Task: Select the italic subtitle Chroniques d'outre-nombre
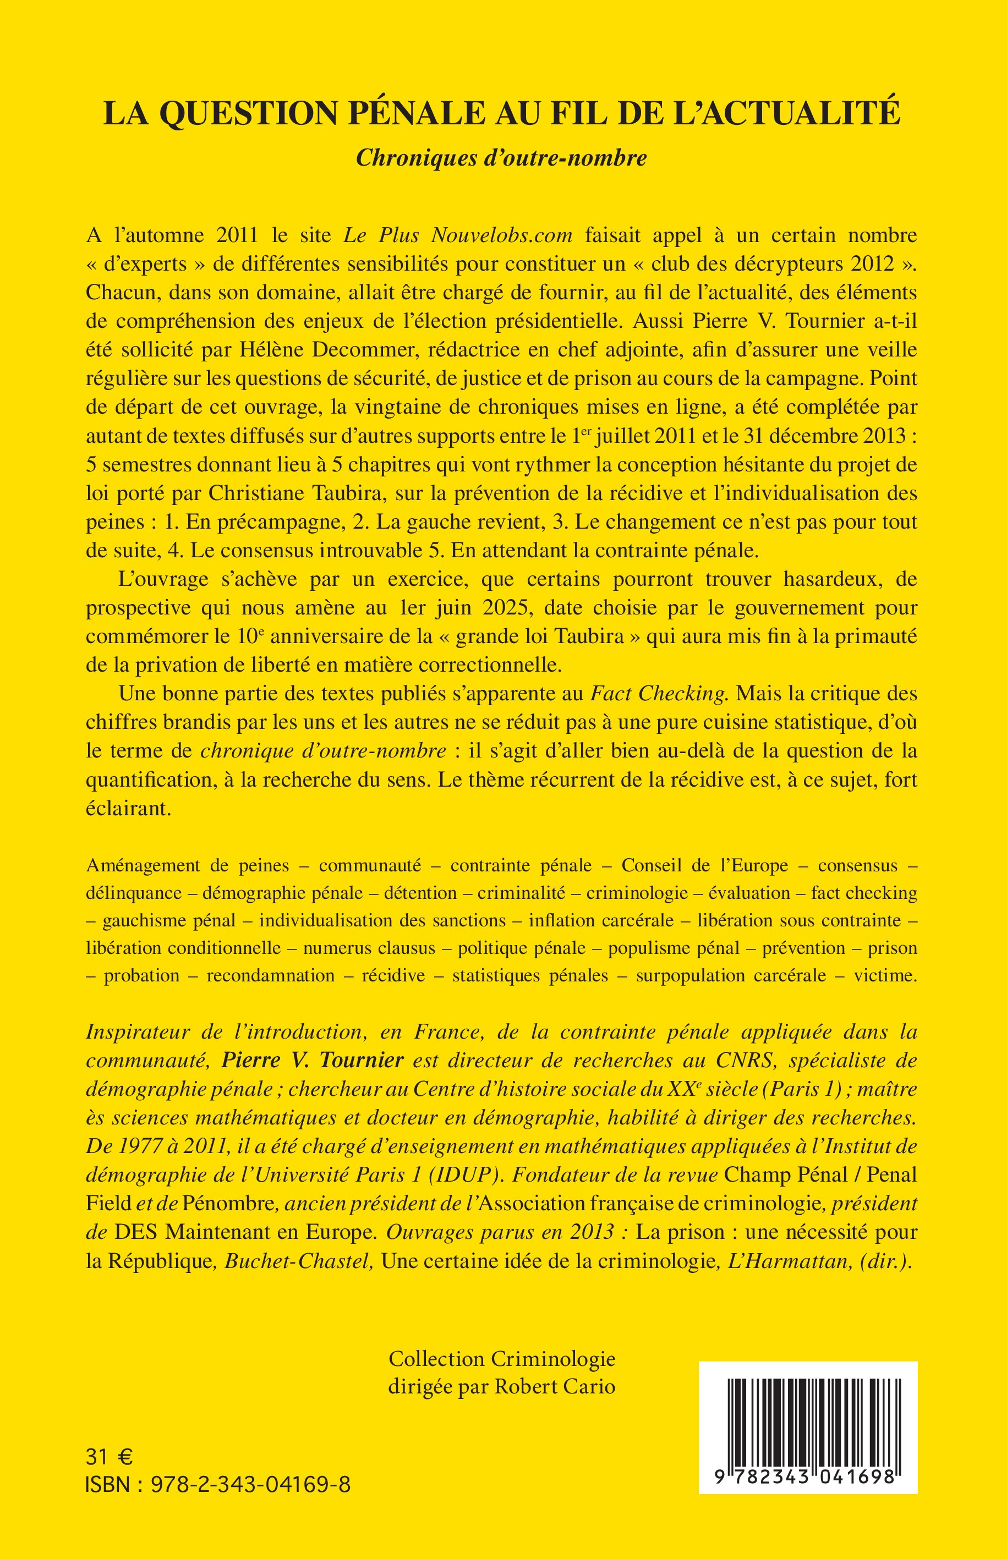click(x=501, y=158)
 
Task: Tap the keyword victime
click(x=885, y=976)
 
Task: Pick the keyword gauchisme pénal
click(x=169, y=920)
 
